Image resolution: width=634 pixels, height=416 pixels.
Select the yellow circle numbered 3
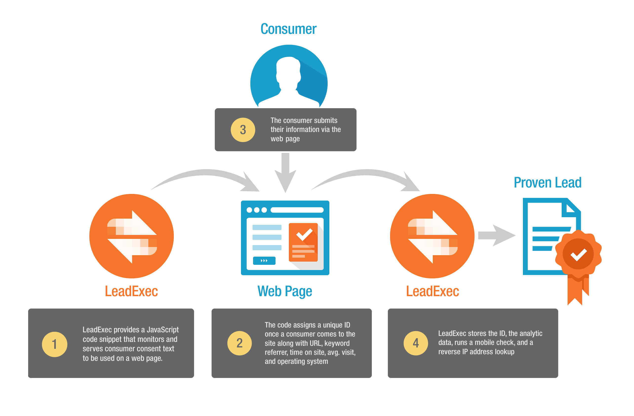click(243, 130)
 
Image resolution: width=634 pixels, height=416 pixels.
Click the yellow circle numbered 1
click(54, 344)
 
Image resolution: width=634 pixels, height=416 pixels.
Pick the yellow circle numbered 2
click(239, 343)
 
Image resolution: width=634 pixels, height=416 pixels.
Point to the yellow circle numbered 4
click(416, 343)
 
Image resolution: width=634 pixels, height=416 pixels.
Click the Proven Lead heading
click(547, 183)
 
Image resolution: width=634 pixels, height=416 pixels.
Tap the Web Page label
click(284, 291)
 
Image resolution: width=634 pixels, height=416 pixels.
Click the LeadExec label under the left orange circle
click(131, 291)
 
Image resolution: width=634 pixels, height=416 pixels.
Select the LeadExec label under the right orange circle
click(432, 291)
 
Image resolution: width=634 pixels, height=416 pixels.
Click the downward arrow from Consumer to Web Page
click(285, 173)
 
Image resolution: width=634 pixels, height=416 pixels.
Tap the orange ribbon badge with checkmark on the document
click(578, 254)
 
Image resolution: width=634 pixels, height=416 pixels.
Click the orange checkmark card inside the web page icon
click(303, 242)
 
